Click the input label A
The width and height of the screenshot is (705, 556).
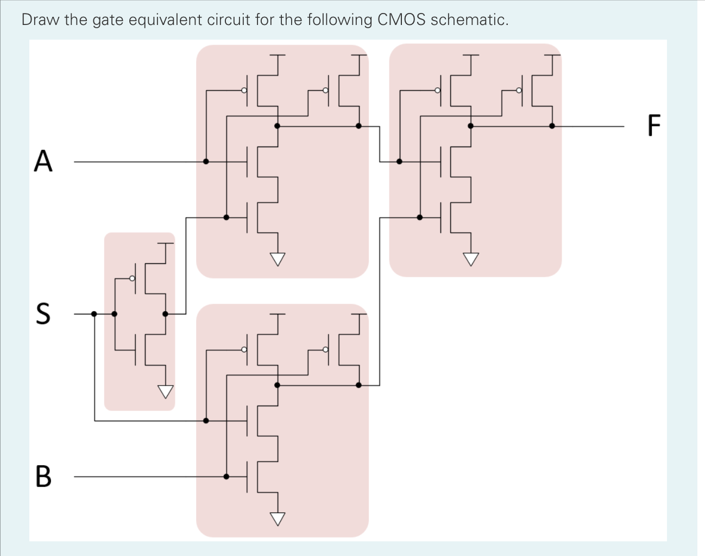pos(43,161)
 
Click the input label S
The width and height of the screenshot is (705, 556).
pos(43,313)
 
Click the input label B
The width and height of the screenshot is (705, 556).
pos(43,476)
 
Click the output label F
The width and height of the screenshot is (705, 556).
pos(654,126)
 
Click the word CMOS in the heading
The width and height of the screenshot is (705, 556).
pos(401,20)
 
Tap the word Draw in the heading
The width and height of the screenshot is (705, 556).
pos(40,20)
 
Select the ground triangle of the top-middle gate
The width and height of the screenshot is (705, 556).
pos(278,260)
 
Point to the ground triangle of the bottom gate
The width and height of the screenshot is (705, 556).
pos(278,519)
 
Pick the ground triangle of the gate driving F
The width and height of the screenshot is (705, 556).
pos(471,260)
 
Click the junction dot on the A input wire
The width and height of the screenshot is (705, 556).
pos(206,161)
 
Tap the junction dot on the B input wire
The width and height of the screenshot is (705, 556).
pos(226,476)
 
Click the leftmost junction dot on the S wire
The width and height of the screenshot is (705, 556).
pos(94,313)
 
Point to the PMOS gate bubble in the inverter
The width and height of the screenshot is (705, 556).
pos(132,279)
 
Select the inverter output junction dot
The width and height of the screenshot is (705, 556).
pos(165,313)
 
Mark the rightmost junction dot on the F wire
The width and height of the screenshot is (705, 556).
pos(552,126)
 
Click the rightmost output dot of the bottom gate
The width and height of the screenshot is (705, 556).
pos(358,385)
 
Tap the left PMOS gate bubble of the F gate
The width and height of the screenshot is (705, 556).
pos(437,90)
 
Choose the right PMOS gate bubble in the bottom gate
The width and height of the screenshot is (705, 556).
pos(325,349)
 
